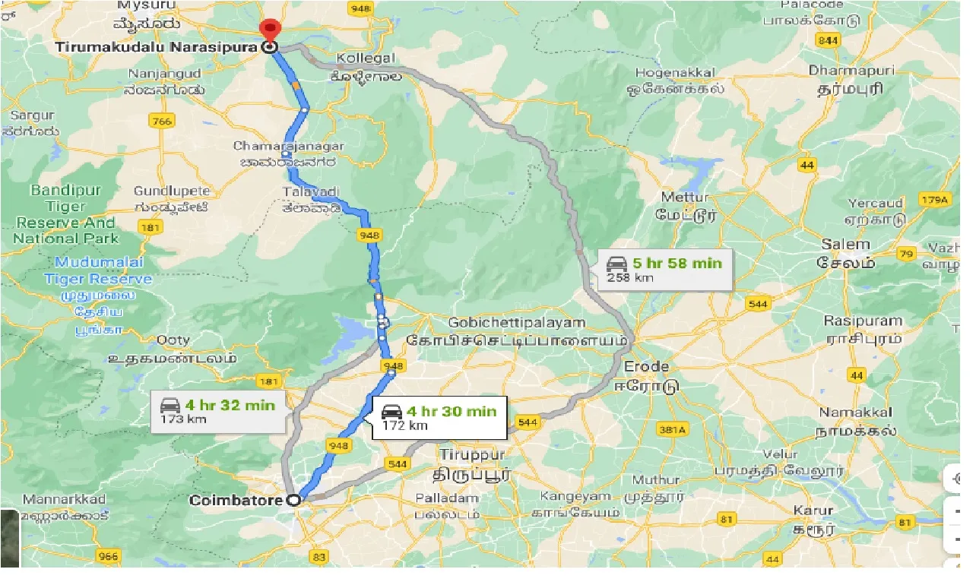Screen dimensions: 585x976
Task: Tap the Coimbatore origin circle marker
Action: tap(294, 501)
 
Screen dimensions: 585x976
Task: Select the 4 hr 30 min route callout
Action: tap(439, 417)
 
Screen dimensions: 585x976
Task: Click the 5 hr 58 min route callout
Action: tap(664, 269)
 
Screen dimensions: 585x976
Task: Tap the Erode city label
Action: tap(646, 368)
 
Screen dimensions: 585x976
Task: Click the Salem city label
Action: tap(845, 245)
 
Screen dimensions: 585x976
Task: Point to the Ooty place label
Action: tap(173, 340)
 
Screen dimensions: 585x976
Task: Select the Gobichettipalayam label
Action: tap(517, 323)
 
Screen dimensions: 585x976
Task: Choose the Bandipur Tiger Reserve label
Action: tap(65, 213)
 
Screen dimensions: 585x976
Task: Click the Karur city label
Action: tap(809, 510)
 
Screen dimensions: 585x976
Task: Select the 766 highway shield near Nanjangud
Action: tap(162, 121)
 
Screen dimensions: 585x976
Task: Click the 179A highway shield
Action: tap(935, 200)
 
